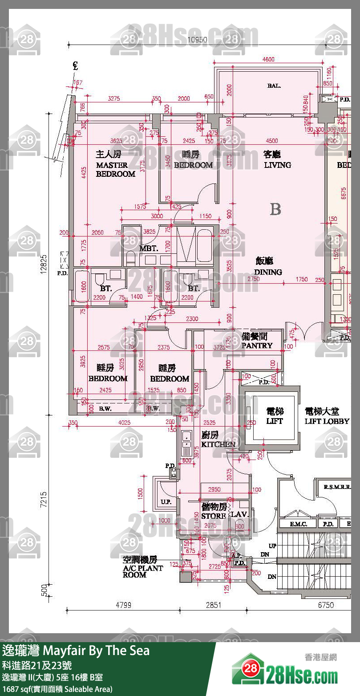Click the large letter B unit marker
click(x=275, y=209)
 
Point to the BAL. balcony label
click(x=274, y=85)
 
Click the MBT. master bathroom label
click(x=148, y=248)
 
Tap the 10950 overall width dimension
click(x=197, y=40)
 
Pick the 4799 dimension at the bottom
click(x=124, y=605)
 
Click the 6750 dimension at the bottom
click(x=326, y=605)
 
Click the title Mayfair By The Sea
click(x=76, y=651)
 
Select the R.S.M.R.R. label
click(x=336, y=487)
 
